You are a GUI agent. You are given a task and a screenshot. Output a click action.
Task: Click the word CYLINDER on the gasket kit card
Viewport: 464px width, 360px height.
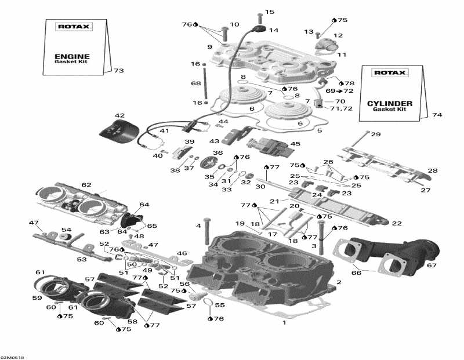tap(390, 104)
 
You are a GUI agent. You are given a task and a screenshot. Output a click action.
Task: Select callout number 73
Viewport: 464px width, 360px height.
tap(118, 71)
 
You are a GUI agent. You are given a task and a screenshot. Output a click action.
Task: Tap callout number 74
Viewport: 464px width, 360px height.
tap(437, 115)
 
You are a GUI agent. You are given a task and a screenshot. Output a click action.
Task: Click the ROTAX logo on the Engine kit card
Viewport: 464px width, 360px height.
tap(68, 27)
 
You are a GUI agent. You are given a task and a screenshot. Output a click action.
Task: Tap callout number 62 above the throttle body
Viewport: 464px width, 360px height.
tap(86, 185)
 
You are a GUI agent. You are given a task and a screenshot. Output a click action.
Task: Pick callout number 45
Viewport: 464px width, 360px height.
tap(296, 144)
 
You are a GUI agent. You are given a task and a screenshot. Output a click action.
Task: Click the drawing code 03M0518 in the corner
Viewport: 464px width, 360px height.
tap(12, 357)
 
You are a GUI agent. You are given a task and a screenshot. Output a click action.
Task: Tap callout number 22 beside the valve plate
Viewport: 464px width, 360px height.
tap(396, 223)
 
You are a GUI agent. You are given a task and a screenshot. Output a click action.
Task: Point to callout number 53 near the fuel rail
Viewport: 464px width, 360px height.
tap(82, 259)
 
